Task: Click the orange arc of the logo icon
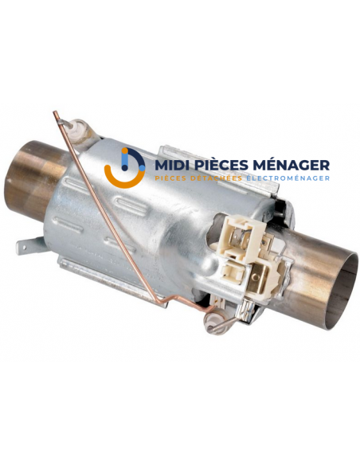click(x=123, y=177)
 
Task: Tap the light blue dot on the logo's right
click(x=142, y=168)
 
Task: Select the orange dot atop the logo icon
click(x=125, y=151)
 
